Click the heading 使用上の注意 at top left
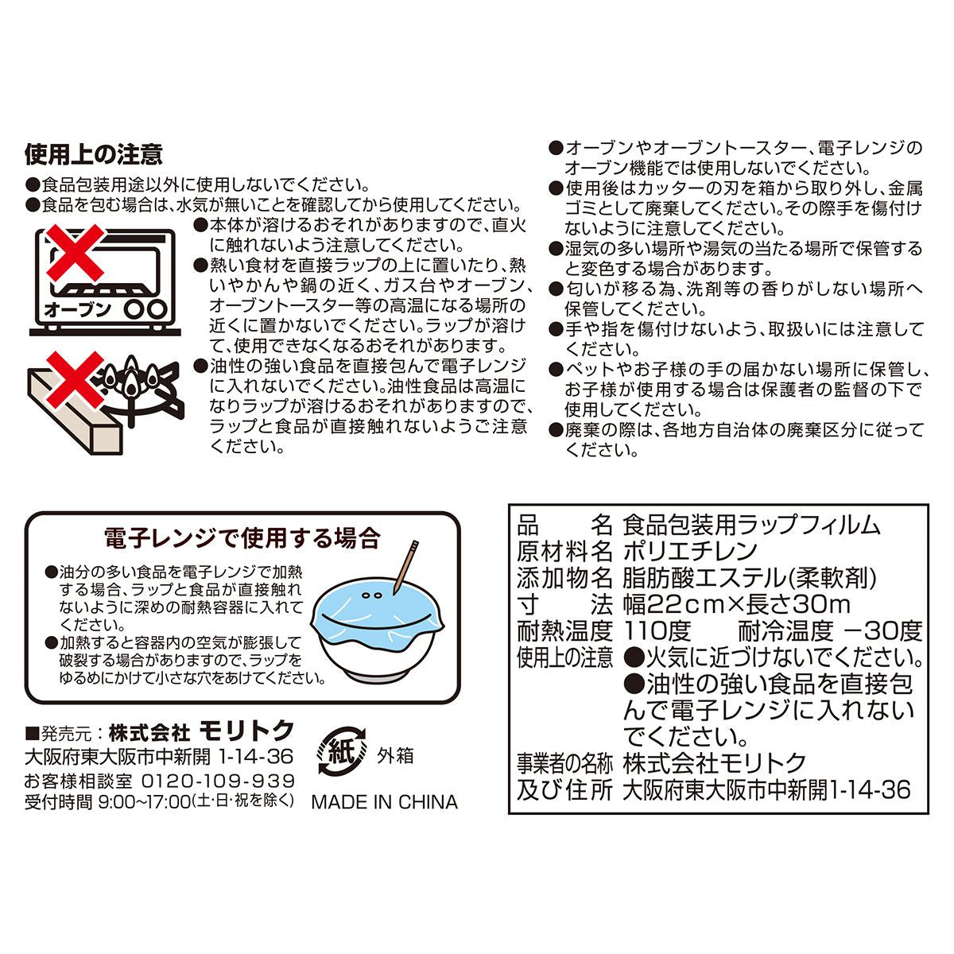[x=94, y=153]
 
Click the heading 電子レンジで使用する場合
[x=242, y=537]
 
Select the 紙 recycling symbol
[x=342, y=751]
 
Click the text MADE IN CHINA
[x=384, y=802]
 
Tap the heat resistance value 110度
[x=658, y=631]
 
